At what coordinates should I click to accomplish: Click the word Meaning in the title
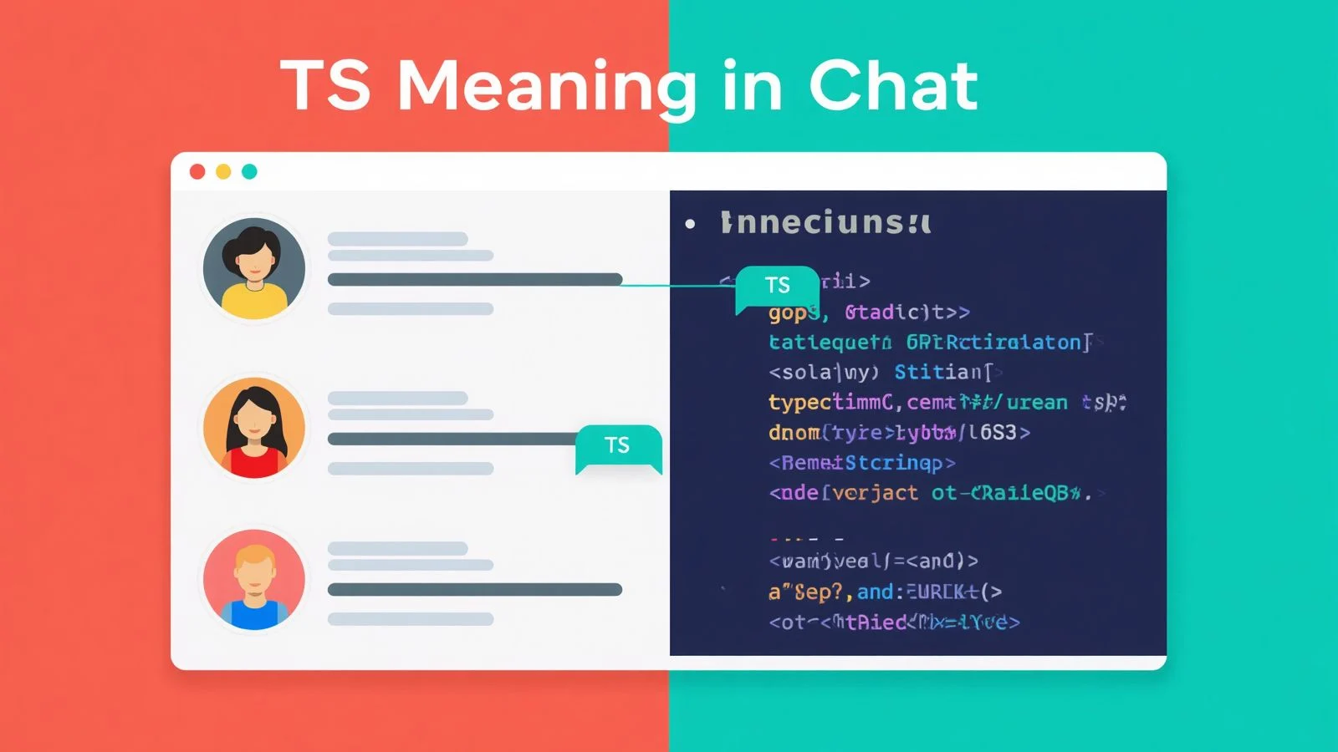point(546,85)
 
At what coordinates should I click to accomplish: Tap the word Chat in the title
point(892,85)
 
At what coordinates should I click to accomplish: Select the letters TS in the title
point(325,85)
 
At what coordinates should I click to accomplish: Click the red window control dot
point(197,171)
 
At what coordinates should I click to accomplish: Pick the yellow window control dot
point(223,171)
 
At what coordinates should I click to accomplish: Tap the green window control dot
point(249,171)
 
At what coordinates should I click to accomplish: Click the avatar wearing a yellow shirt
point(254,269)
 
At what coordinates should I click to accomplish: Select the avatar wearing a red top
point(254,428)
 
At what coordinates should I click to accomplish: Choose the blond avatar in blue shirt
point(254,579)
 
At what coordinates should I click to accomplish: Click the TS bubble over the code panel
point(777,286)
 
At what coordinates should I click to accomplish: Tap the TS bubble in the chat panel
point(617,445)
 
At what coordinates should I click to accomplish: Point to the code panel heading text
point(825,223)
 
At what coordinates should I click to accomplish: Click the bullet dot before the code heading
point(690,224)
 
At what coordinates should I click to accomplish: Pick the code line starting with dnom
point(899,433)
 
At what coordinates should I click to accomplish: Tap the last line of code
point(893,622)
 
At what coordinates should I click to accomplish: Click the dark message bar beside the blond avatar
point(474,590)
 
